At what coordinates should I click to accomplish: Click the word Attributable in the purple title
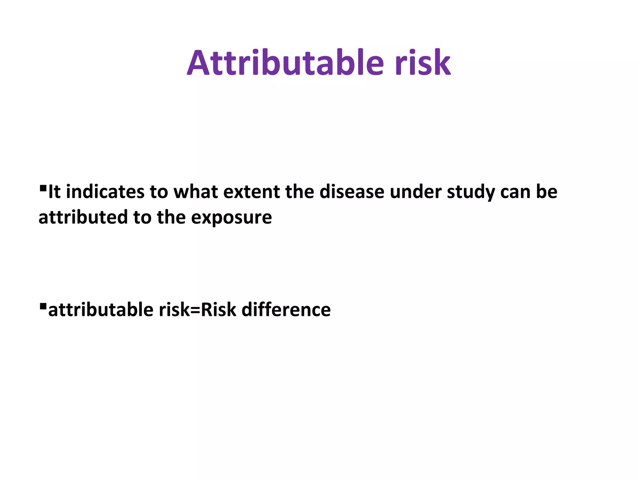[x=285, y=63]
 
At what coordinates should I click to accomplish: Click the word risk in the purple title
[x=423, y=63]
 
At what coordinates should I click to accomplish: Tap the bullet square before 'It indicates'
[x=43, y=188]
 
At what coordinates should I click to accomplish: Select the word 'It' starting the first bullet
[x=54, y=192]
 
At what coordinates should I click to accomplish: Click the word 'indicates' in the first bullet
[x=105, y=192]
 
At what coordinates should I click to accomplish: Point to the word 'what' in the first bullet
[x=196, y=192]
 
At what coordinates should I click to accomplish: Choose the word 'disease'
[x=352, y=192]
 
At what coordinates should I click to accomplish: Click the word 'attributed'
[x=83, y=217]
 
